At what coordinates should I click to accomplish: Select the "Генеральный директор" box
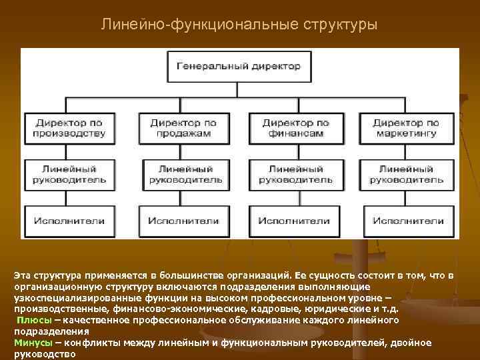pyautogui.click(x=238, y=66)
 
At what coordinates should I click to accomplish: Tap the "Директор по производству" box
pyautogui.click(x=69, y=128)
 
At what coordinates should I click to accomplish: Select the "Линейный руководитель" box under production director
pyautogui.click(x=69, y=175)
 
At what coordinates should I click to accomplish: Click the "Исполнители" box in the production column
pyautogui.click(x=69, y=221)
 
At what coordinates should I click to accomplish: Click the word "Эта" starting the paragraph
pyautogui.click(x=23, y=275)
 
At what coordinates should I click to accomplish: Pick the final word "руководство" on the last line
pyautogui.click(x=44, y=354)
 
